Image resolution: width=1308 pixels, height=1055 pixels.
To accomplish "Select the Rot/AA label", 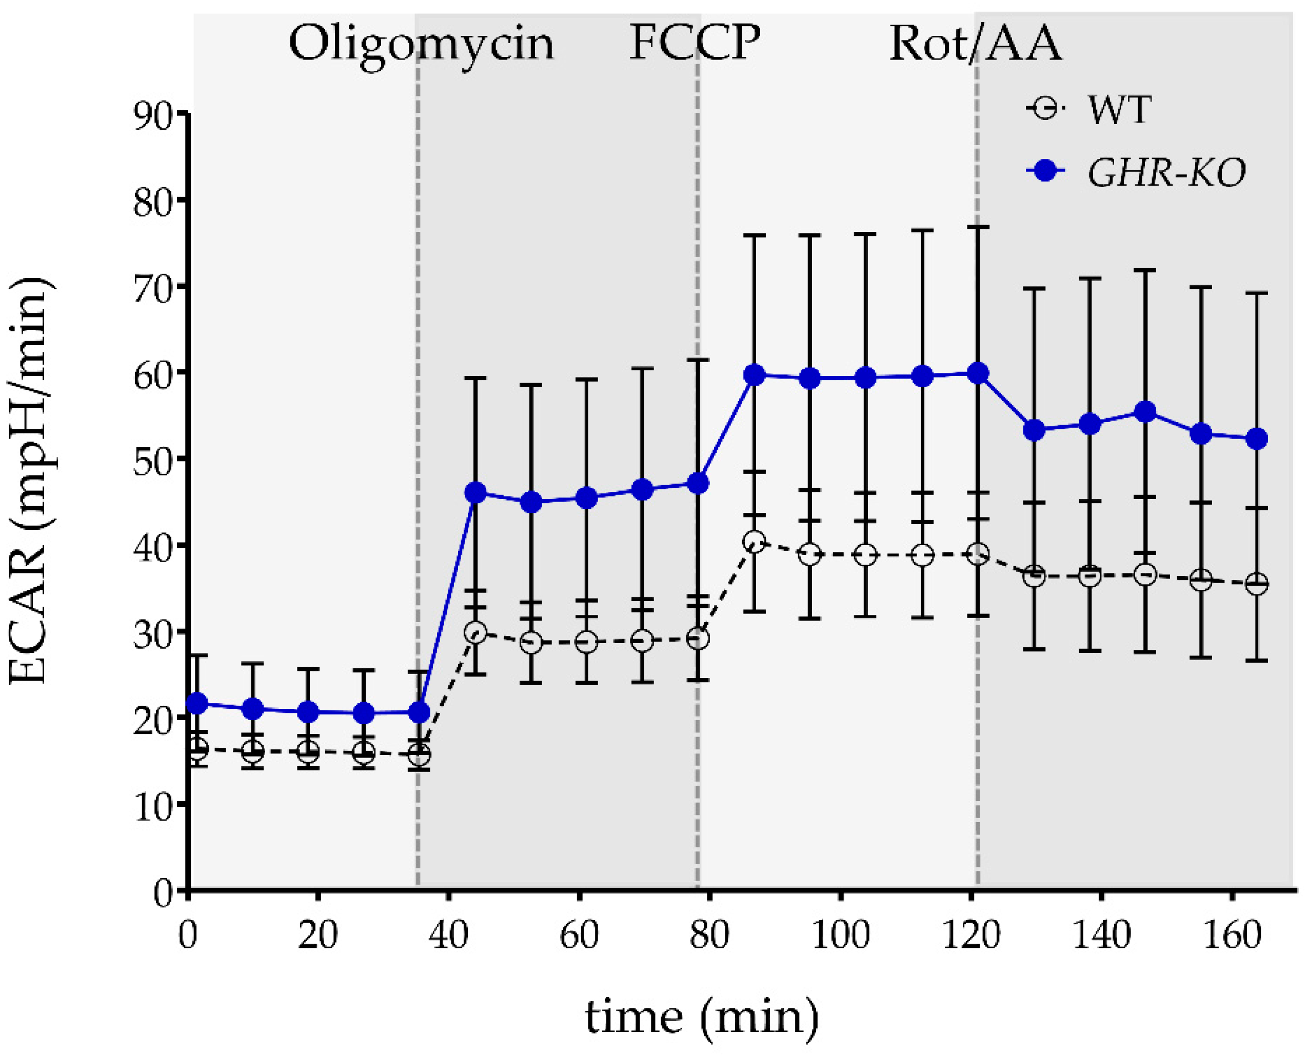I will point(975,44).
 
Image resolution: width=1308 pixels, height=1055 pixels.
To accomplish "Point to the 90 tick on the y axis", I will point(153,114).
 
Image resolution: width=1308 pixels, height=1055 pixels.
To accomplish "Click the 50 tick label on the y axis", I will point(153,460).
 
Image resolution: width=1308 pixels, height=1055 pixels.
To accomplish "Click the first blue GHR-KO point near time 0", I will point(197,704).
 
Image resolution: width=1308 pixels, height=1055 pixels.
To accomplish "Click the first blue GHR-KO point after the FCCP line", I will point(754,375).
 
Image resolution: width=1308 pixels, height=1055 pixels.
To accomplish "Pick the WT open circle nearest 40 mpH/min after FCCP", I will point(754,542).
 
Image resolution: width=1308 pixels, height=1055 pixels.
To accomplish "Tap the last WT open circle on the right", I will point(1256,584).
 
